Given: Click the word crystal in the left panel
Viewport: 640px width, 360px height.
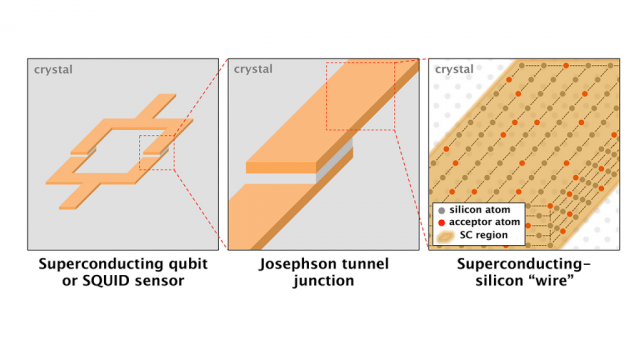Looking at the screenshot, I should tap(51, 70).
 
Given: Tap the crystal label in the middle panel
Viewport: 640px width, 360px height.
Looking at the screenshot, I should tap(253, 70).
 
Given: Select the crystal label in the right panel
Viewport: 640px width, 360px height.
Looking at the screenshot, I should tap(455, 70).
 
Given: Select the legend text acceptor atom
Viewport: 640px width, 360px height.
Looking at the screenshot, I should tap(489, 223).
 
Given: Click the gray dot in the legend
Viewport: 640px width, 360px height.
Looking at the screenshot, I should tap(441, 211).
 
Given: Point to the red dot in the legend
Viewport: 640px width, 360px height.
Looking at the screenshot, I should tap(441, 223).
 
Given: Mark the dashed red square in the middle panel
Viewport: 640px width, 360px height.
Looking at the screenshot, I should tap(362, 96).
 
